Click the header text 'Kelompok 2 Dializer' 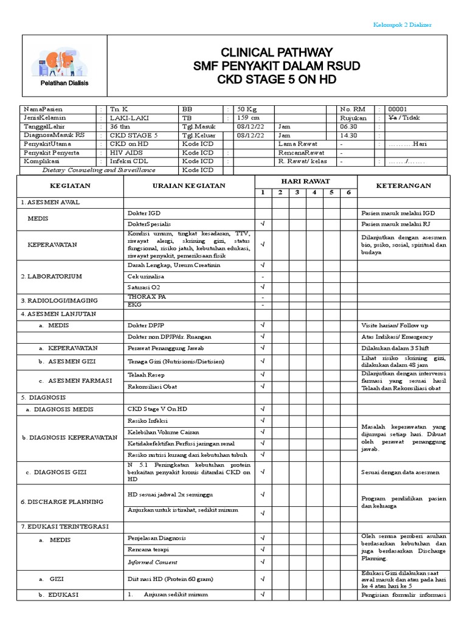pos(401,24)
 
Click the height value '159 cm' pos(248,117)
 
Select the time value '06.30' pos(349,127)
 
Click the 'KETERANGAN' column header pos(404,186)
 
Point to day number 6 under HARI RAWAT pos(348,192)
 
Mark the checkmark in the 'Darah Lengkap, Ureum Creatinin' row pos(263,265)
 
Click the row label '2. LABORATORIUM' pos(52,276)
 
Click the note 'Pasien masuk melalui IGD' pos(398,214)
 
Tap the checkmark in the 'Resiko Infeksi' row pos(263,420)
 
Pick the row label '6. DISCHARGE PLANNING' pos(61,502)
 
